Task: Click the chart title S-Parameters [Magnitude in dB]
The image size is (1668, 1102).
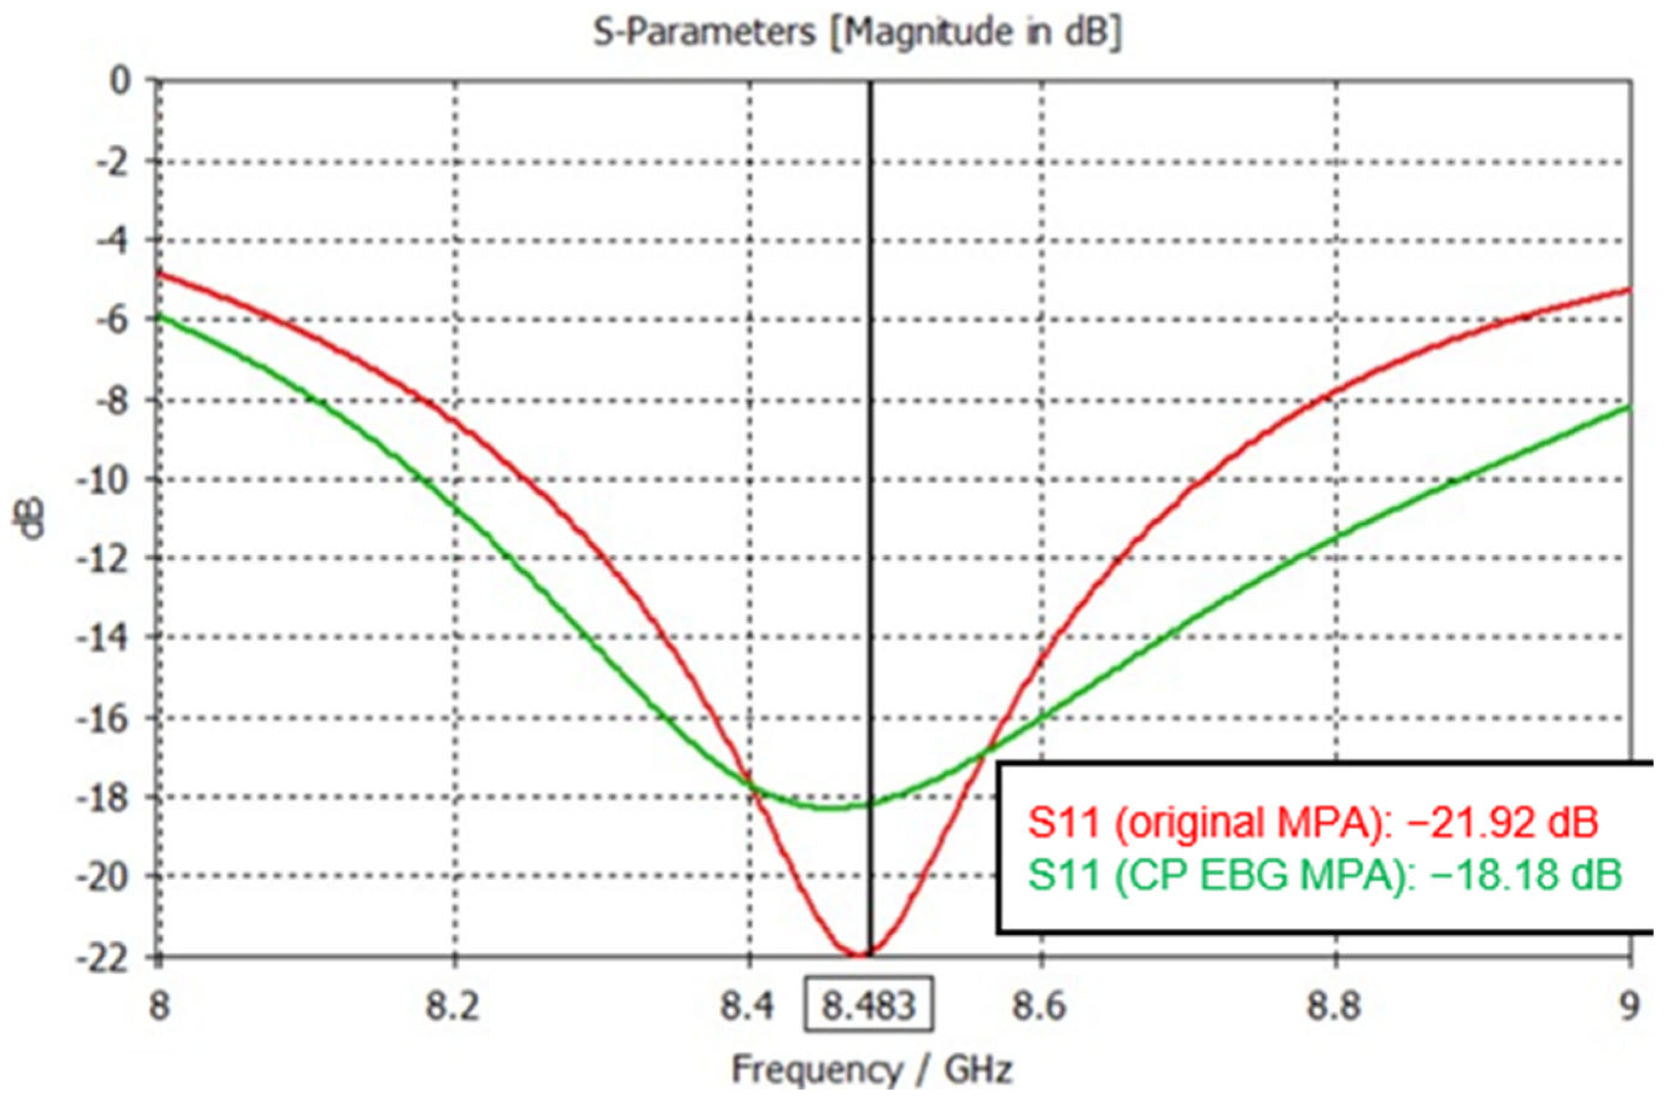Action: coord(858,33)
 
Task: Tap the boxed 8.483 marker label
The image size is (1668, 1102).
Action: coord(869,1006)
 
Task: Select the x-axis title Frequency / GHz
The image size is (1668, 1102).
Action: coord(872,1070)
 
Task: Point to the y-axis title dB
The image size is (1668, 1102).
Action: coord(32,518)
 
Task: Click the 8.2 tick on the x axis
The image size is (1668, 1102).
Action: coord(454,1007)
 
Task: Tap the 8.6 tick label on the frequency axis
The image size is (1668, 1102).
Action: coord(1039,1007)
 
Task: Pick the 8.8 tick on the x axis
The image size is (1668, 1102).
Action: coord(1334,1007)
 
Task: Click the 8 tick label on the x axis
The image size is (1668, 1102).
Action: coord(160,1007)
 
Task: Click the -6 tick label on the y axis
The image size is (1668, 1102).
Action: coord(113,320)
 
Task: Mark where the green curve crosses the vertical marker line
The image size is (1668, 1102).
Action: coord(871,803)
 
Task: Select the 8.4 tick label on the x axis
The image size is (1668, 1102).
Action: coord(747,1007)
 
